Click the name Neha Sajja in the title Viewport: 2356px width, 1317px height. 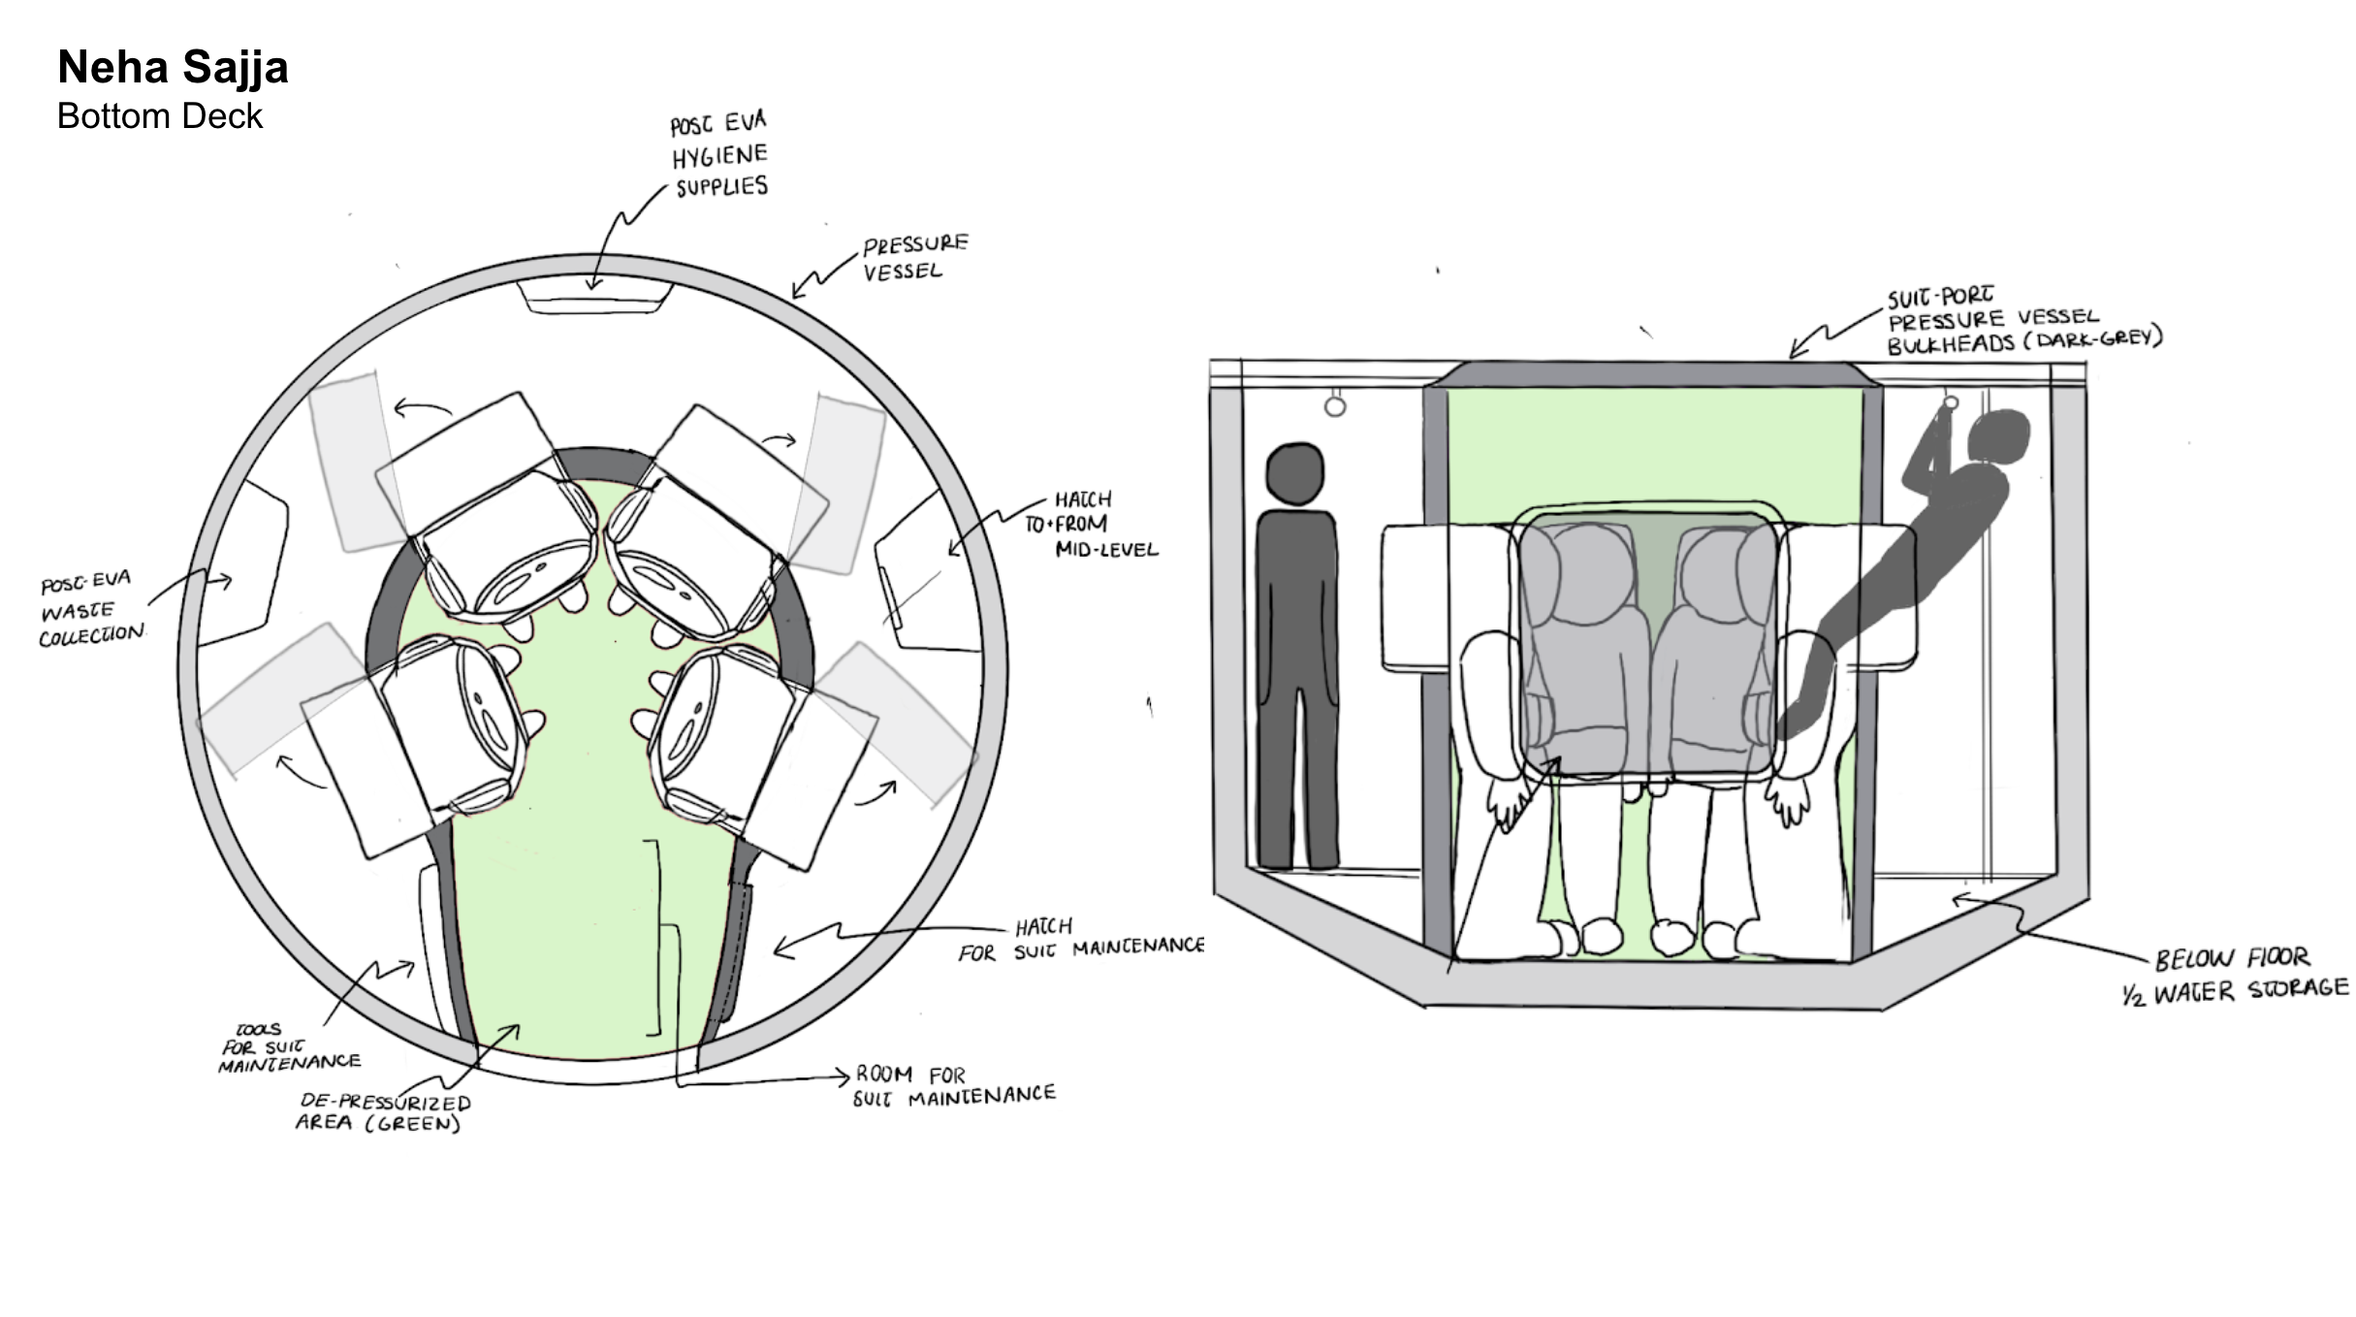pos(173,68)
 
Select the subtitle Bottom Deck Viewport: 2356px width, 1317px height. pos(160,116)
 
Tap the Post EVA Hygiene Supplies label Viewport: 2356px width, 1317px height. pos(719,154)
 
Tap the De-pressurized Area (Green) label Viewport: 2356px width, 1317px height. pos(384,1112)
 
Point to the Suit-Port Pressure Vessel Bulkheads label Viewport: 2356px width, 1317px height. pos(2022,320)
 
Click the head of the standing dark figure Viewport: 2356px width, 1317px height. pos(1295,474)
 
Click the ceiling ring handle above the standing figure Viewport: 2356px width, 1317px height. pos(1335,404)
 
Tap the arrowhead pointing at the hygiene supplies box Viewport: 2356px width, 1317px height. pos(592,284)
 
